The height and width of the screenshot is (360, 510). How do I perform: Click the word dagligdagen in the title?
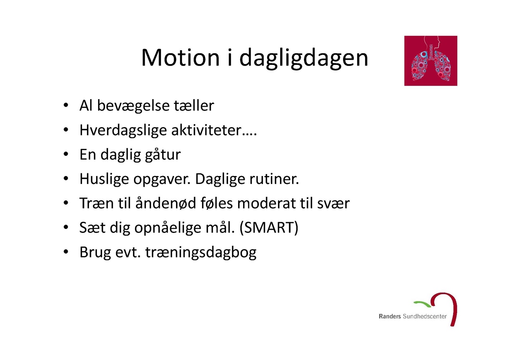[304, 59]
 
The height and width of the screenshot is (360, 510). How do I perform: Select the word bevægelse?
[133, 106]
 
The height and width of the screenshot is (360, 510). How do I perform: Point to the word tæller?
[194, 106]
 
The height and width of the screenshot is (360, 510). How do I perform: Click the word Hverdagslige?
[123, 130]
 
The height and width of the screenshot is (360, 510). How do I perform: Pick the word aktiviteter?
[206, 130]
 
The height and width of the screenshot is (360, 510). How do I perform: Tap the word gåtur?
[163, 155]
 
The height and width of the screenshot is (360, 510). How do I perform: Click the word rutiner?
[274, 179]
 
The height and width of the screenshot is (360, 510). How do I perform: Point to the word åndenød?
[165, 203]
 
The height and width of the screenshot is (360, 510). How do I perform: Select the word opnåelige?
[168, 228]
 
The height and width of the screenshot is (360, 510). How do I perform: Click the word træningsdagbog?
[201, 252]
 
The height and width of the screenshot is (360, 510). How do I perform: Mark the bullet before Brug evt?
[66, 252]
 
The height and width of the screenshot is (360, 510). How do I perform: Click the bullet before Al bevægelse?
[66, 106]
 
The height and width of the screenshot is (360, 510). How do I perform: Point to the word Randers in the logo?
[390, 317]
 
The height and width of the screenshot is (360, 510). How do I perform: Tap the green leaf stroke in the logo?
[422, 303]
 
